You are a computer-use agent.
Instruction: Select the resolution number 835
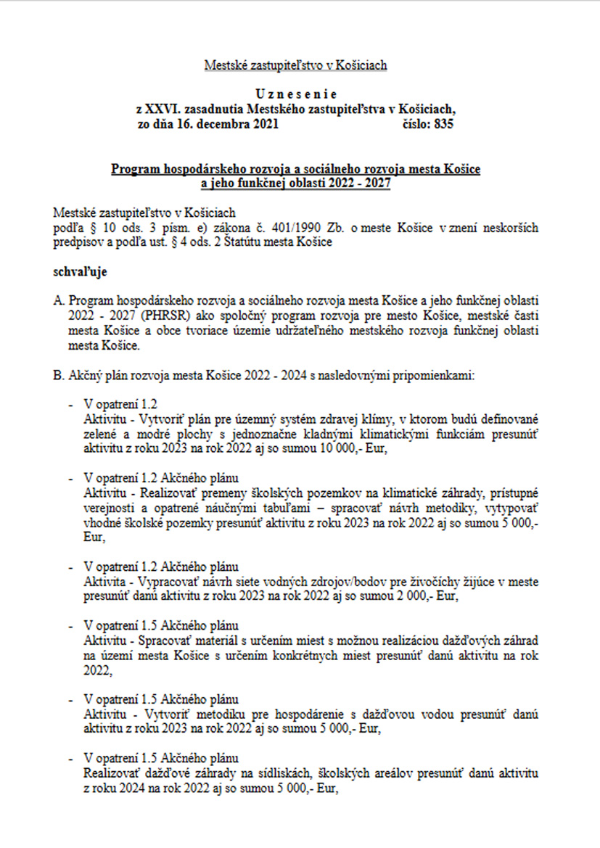pos(445,124)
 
